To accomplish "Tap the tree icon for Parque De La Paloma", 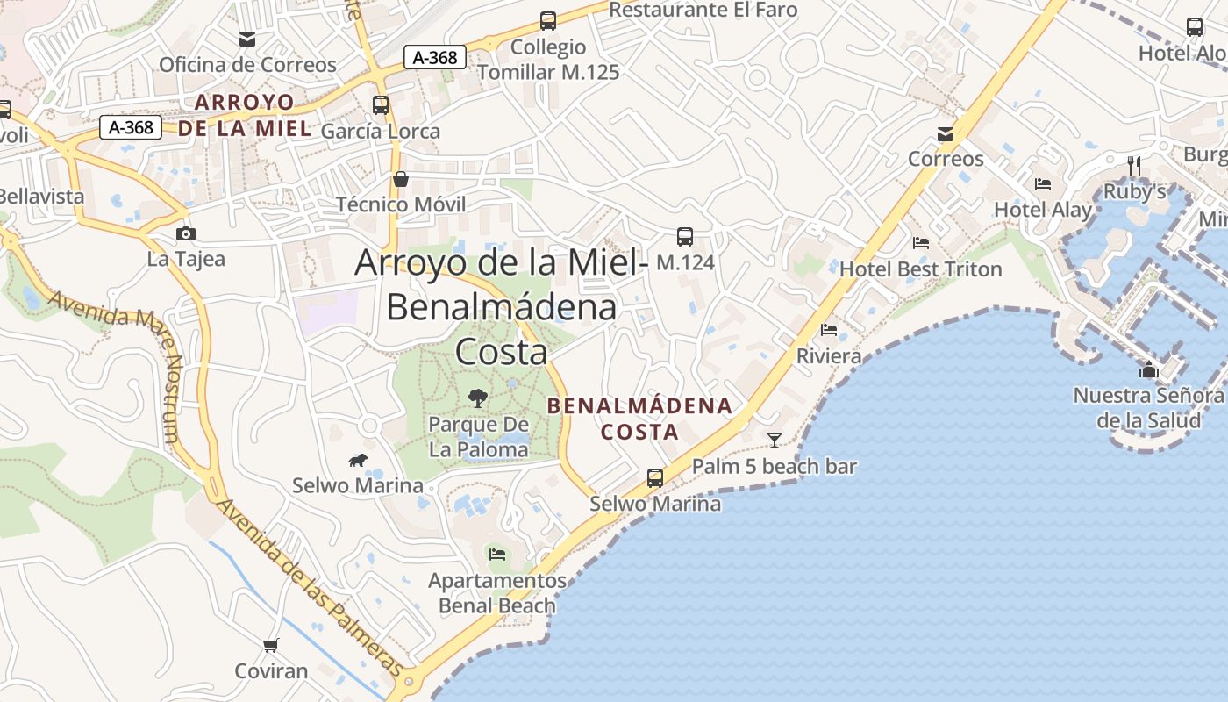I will pyautogui.click(x=477, y=398).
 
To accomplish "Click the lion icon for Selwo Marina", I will pyautogui.click(x=357, y=460).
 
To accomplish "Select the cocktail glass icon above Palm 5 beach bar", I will pyautogui.click(x=774, y=440).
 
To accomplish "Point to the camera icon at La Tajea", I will pyautogui.click(x=186, y=233).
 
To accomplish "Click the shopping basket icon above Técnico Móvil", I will pyautogui.click(x=401, y=179).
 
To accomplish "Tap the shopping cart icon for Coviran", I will pyautogui.click(x=271, y=645).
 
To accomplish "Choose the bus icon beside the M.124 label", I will pyautogui.click(x=685, y=237).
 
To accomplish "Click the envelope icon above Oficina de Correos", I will pyautogui.click(x=247, y=39).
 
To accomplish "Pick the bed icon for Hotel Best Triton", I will pyautogui.click(x=920, y=243).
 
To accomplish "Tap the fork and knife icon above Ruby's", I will pyautogui.click(x=1134, y=165).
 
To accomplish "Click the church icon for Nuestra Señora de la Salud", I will pyautogui.click(x=1148, y=369).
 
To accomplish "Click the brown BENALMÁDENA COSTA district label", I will pyautogui.click(x=639, y=419).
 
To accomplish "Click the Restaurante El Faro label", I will pyautogui.click(x=703, y=10).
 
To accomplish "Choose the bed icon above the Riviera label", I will pyautogui.click(x=829, y=330).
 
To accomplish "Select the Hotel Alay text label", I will pyautogui.click(x=1042, y=210).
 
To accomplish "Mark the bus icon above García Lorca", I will pyautogui.click(x=381, y=105).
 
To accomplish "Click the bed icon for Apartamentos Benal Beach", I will pyautogui.click(x=497, y=555).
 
